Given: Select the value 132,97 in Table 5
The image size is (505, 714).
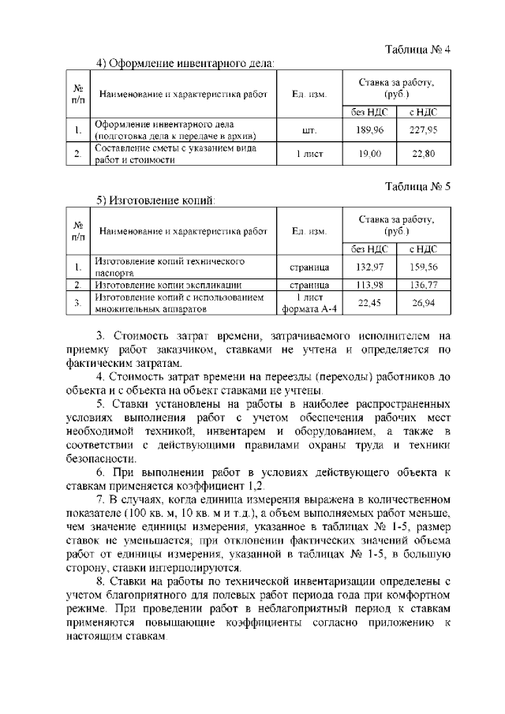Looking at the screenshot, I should click(x=369, y=267).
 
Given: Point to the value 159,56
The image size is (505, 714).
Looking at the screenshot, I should click(x=428, y=267).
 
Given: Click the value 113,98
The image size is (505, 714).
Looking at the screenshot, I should click(x=369, y=284).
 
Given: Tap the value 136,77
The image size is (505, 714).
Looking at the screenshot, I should click(x=428, y=284).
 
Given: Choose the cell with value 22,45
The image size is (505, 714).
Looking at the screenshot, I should click(x=369, y=302).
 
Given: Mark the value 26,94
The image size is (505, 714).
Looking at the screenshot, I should click(x=428, y=302).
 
